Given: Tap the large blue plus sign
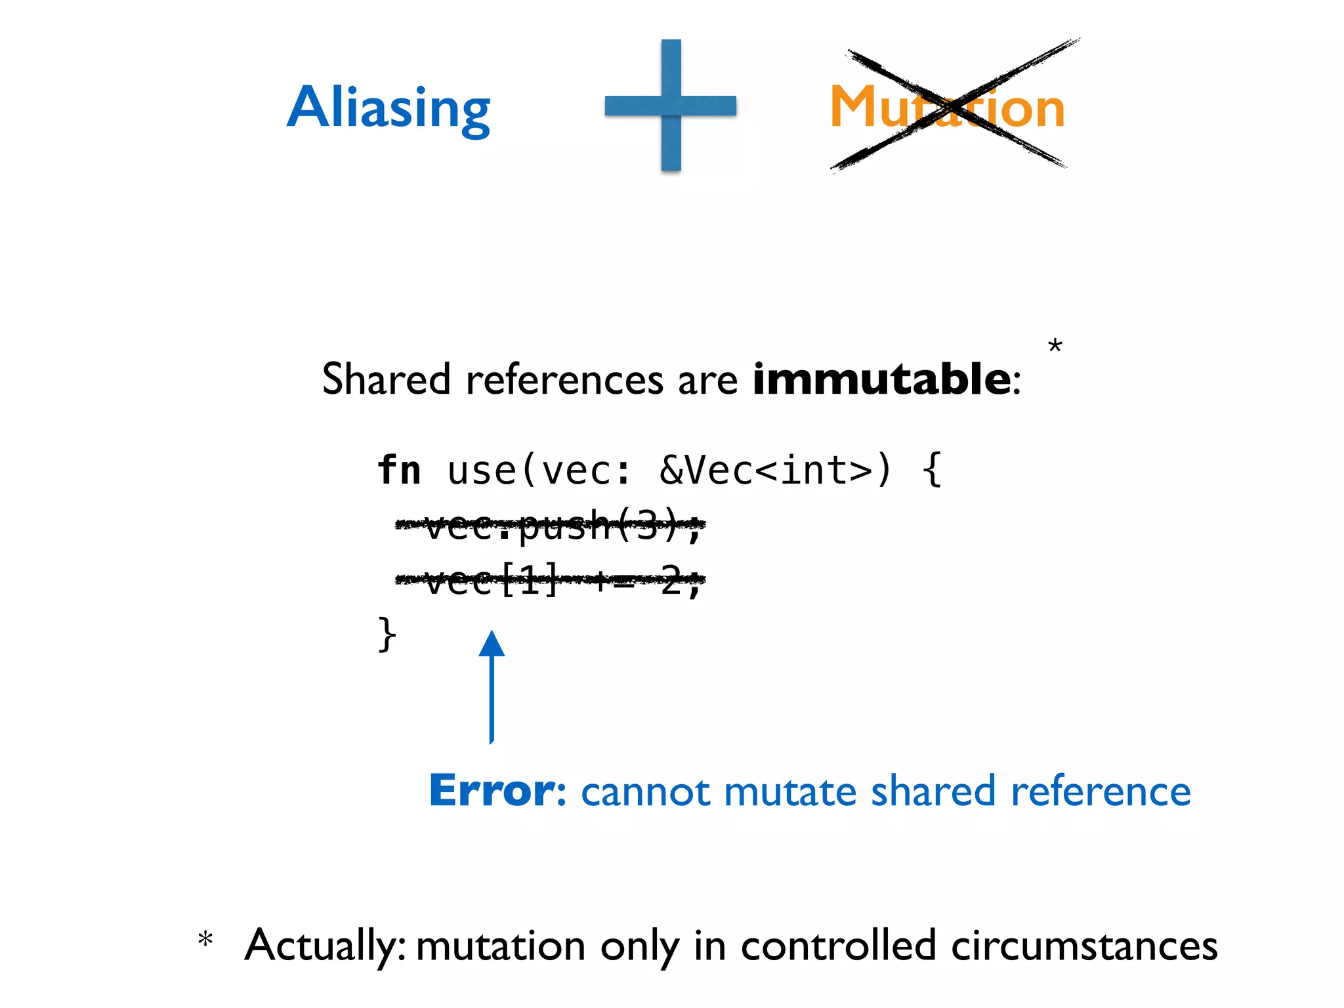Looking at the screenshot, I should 671,105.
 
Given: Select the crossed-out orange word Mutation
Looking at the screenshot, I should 947,107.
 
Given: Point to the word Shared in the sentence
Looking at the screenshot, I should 386,379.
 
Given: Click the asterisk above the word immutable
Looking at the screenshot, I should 1055,346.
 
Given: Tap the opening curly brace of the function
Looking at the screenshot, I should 931,470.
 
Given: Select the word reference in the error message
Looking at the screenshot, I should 1101,791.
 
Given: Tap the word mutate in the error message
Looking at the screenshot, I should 789,791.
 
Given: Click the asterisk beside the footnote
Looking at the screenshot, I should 205,940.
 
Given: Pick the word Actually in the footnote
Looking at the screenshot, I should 325,946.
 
